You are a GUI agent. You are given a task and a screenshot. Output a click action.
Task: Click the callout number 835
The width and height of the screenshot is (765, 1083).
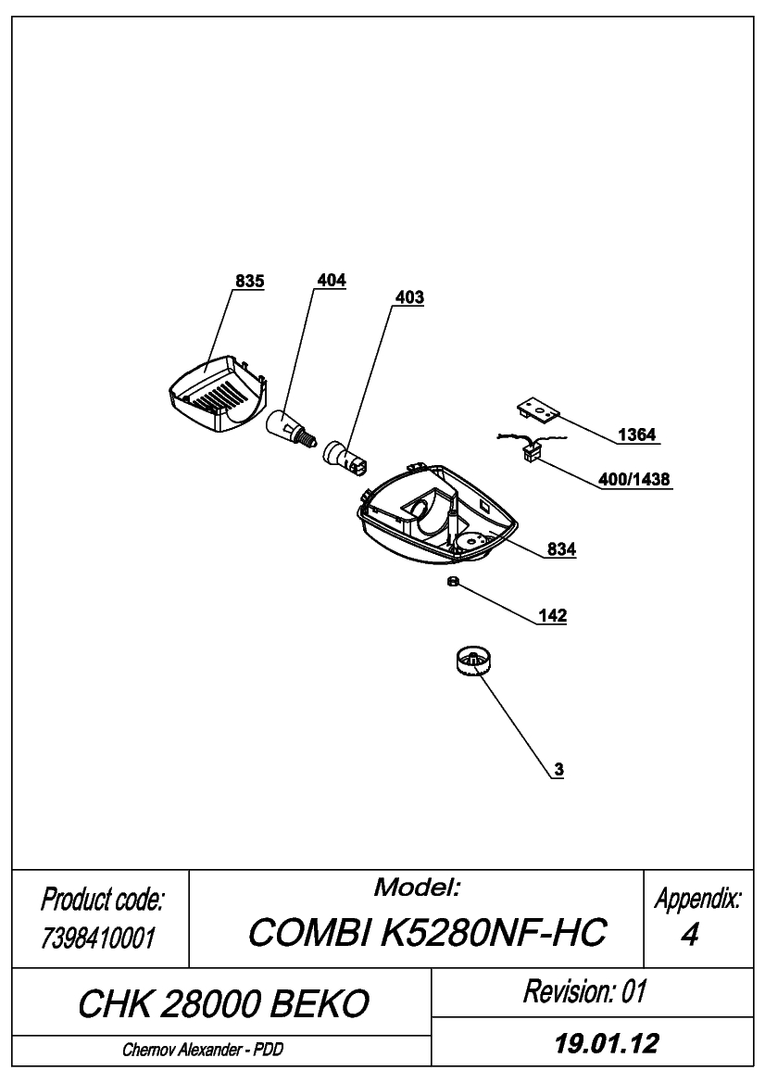click(x=249, y=281)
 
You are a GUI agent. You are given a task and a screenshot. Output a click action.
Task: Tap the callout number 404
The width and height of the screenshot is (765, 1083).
click(x=332, y=281)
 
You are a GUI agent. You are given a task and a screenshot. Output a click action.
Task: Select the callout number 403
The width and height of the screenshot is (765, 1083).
click(x=409, y=297)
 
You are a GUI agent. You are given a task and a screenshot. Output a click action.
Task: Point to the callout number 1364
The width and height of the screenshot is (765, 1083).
click(x=636, y=434)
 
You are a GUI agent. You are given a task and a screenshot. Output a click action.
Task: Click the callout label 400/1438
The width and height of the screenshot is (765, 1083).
click(x=633, y=479)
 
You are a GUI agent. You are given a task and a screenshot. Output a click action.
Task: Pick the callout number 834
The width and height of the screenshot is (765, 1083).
click(x=561, y=549)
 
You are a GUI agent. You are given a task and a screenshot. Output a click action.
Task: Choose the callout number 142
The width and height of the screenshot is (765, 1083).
click(x=552, y=615)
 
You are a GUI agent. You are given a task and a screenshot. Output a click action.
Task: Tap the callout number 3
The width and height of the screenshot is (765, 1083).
click(x=559, y=770)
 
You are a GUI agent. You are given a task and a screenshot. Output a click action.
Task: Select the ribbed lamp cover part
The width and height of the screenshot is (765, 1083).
click(x=218, y=395)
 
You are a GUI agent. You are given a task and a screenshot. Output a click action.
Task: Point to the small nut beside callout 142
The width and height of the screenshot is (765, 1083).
click(x=453, y=582)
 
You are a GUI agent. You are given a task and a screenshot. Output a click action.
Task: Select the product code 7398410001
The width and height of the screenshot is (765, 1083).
click(x=98, y=938)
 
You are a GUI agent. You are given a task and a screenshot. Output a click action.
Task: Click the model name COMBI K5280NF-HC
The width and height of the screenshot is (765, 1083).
click(x=427, y=932)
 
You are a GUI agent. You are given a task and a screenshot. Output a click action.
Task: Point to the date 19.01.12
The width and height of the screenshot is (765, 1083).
click(x=607, y=1043)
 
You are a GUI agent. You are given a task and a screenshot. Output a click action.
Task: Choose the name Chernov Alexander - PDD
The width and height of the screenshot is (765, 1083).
click(x=203, y=1050)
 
